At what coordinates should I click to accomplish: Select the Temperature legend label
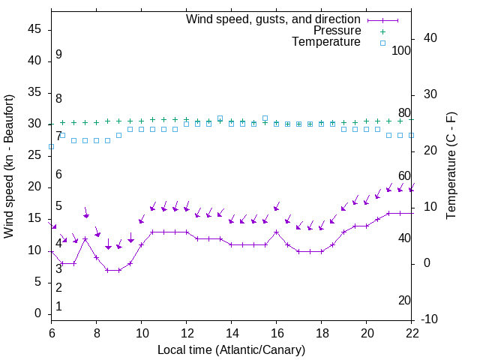(326, 42)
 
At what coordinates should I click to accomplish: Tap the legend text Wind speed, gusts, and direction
(274, 19)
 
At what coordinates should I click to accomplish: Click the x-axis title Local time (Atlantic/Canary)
(231, 350)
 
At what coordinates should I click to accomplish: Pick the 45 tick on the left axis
(34, 29)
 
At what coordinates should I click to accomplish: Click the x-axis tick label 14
(232, 334)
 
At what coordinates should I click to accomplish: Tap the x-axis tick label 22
(412, 334)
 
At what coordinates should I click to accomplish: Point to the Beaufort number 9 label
(58, 55)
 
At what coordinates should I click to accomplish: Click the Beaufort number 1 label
(58, 307)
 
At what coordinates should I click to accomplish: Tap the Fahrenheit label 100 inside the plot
(401, 50)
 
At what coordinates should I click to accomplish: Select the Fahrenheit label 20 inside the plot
(404, 301)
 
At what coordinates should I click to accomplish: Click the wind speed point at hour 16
(277, 232)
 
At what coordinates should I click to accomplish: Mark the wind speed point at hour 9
(118, 270)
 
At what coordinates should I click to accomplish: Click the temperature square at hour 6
(51, 146)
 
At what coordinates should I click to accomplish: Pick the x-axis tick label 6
(51, 334)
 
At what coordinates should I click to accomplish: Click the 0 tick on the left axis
(38, 313)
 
